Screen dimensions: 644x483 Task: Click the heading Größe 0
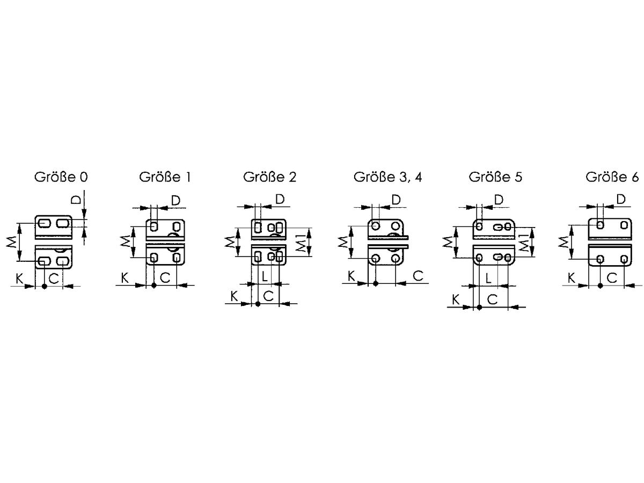[x=61, y=177]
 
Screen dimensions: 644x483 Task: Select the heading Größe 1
[x=165, y=177]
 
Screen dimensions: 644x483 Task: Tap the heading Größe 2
[x=269, y=177]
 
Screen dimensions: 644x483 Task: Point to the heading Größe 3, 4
[x=387, y=177]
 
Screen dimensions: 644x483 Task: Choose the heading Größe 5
[x=495, y=177]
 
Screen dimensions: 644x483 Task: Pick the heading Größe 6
[x=612, y=177]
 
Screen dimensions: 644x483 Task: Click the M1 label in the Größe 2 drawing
[x=301, y=243]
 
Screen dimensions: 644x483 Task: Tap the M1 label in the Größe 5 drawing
[x=524, y=243]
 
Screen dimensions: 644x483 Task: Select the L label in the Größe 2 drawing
[x=265, y=276]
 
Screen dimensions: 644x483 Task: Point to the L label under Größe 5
[x=488, y=279]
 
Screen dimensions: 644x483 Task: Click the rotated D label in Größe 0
[x=76, y=200]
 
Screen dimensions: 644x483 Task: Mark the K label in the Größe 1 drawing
[x=125, y=277]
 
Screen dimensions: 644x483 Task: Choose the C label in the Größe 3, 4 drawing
[x=418, y=276]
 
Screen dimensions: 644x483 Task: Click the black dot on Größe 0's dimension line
[x=45, y=286]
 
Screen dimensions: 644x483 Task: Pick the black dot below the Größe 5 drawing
[x=479, y=308]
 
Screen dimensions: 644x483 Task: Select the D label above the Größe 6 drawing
[x=621, y=200]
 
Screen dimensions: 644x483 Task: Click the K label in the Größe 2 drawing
[x=234, y=296]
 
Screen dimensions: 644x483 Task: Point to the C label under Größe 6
[x=612, y=277]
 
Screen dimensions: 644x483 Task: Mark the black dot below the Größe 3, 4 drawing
[x=376, y=283]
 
